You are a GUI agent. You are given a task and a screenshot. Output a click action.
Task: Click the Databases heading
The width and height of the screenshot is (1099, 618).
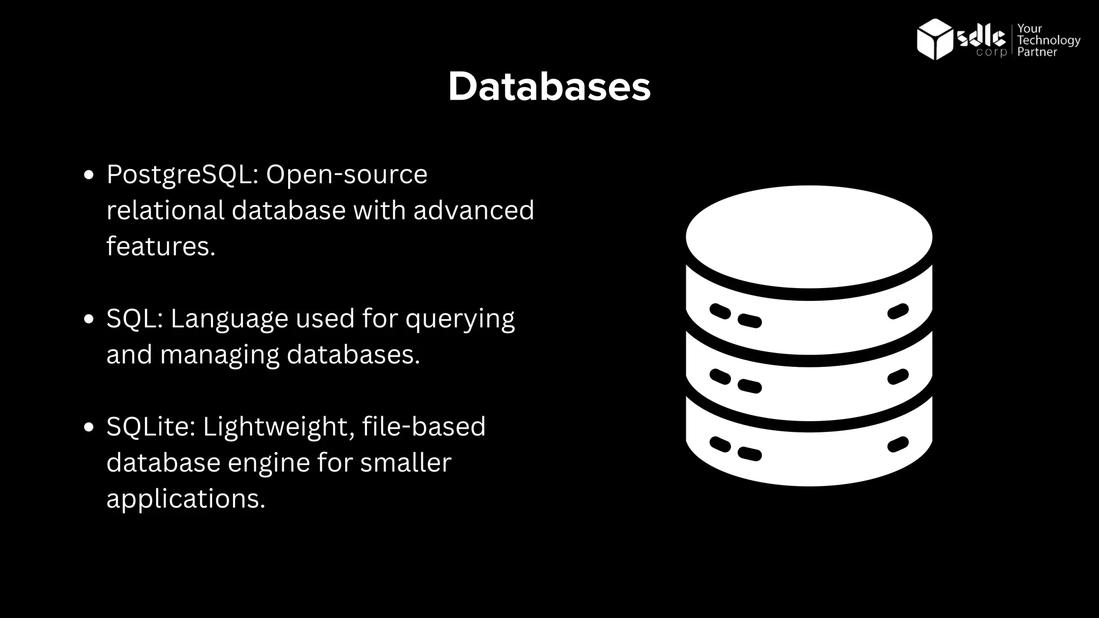point(549,87)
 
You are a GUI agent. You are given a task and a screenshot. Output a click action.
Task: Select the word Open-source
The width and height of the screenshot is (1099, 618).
point(347,175)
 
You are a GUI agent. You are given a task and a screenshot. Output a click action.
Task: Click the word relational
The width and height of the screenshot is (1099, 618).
point(165,210)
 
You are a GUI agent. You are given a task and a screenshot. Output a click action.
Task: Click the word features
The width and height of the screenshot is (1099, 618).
point(160,247)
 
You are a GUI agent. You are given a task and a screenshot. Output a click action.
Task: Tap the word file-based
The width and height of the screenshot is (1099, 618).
point(423,427)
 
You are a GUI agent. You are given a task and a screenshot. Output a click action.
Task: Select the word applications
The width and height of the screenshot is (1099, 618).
point(186,499)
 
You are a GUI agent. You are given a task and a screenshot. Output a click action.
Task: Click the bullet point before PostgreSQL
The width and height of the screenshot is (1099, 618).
point(89,175)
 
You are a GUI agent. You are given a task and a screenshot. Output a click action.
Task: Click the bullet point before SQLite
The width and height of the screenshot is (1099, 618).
point(89,428)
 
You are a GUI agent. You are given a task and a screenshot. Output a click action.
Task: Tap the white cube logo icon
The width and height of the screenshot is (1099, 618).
point(934,39)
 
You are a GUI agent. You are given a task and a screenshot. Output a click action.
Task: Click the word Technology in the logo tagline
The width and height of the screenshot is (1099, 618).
point(1049,40)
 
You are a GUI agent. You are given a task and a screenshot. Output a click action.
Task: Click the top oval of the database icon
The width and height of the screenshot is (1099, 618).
point(809,237)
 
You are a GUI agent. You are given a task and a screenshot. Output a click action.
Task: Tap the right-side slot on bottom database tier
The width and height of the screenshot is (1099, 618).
point(898,444)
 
